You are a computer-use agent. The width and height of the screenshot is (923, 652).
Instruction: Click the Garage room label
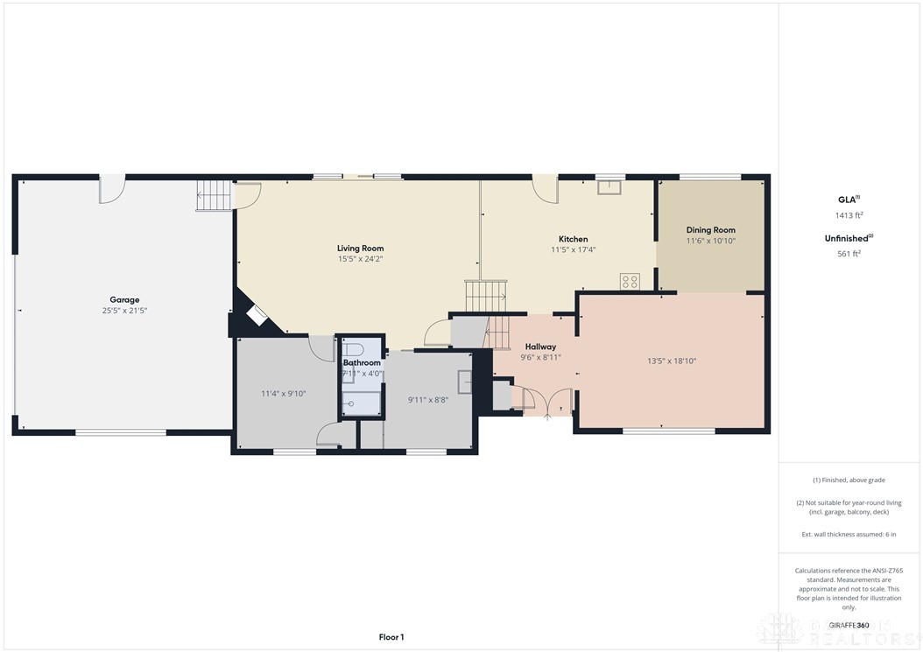tap(124, 299)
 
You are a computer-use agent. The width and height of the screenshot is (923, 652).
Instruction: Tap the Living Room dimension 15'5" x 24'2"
tap(361, 259)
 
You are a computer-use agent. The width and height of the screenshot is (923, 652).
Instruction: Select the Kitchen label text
tap(574, 239)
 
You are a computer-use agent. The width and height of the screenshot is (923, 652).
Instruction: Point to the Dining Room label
tap(710, 230)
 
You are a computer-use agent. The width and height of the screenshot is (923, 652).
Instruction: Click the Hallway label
tap(540, 347)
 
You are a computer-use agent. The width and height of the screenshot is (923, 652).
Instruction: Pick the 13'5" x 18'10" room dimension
tap(671, 361)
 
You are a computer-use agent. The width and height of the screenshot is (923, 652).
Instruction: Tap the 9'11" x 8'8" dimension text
tap(428, 400)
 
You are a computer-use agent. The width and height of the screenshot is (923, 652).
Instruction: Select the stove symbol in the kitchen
tap(630, 281)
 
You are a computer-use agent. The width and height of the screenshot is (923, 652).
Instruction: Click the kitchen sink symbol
tap(609, 186)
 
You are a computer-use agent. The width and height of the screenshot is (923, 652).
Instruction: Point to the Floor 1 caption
tap(391, 637)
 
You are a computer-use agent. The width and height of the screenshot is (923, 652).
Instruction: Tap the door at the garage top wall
tap(112, 188)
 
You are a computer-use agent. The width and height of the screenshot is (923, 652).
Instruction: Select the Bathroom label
tap(362, 362)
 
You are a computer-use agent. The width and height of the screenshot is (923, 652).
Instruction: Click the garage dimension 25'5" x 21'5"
tap(124, 311)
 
